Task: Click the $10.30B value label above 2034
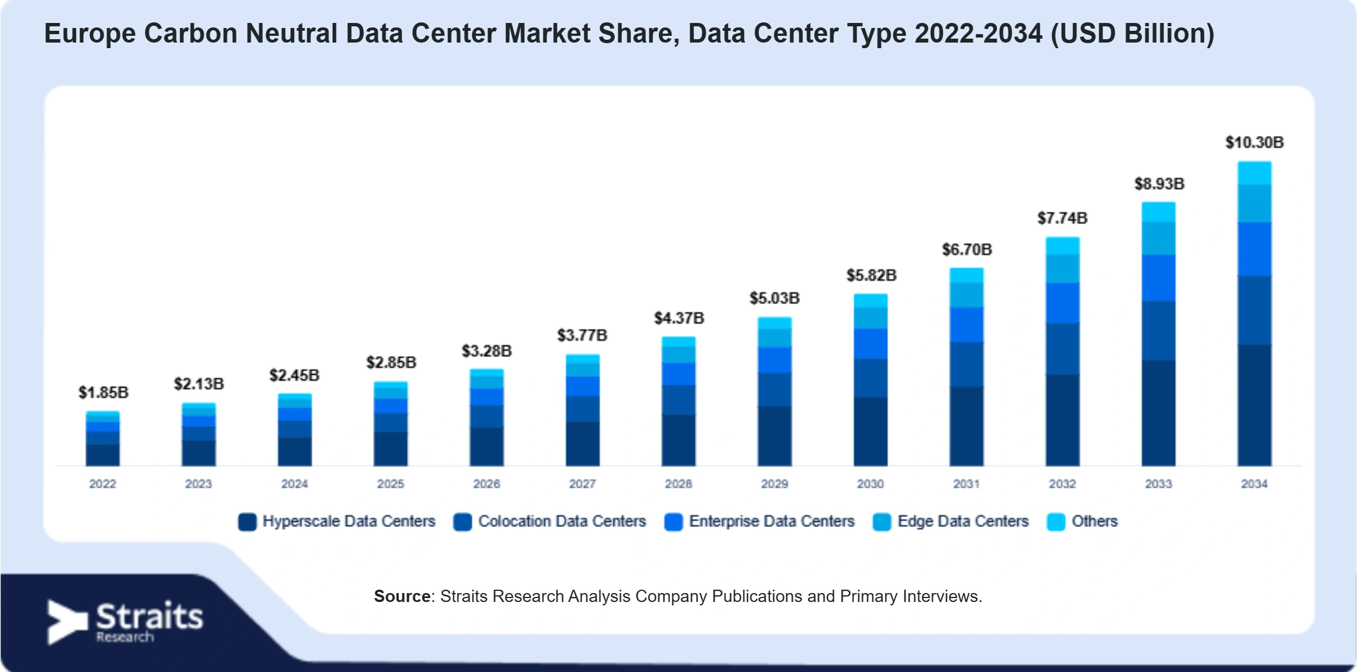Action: pos(1254,143)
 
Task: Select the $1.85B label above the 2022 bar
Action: pos(103,393)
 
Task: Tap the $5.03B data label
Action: pos(775,298)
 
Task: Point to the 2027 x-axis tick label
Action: pos(583,484)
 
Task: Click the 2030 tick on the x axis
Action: pos(870,484)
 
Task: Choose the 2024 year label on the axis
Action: pos(295,484)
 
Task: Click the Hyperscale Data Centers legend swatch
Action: pos(247,521)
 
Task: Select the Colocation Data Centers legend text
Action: pos(562,521)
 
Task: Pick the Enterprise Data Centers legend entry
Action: pos(759,521)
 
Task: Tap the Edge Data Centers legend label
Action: pos(963,521)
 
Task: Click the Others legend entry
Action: pos(1082,521)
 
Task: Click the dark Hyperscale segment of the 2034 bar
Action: pos(1254,405)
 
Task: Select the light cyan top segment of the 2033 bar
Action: pos(1159,212)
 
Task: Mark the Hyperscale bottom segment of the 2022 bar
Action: pos(103,455)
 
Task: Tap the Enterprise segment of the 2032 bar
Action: pos(1063,303)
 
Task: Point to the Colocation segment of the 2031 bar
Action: pos(966,365)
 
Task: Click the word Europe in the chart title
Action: pos(90,34)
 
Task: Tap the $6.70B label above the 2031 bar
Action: pos(967,250)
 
